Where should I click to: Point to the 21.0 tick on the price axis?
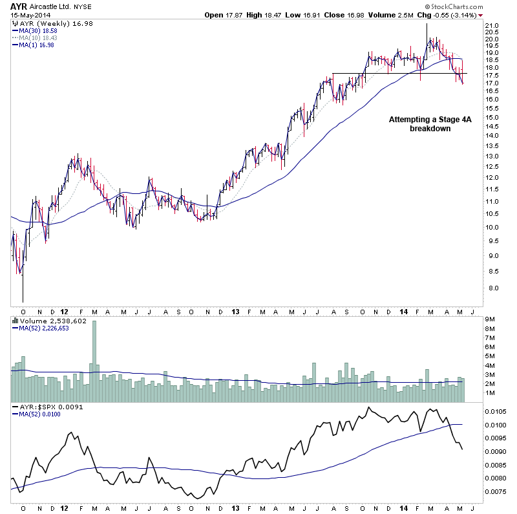tap(493, 27)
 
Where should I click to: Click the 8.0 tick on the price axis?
tap(493, 288)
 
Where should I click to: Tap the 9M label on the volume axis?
tap(492, 319)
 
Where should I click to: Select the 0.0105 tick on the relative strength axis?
tap(497, 411)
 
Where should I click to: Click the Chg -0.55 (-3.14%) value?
tap(450, 14)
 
